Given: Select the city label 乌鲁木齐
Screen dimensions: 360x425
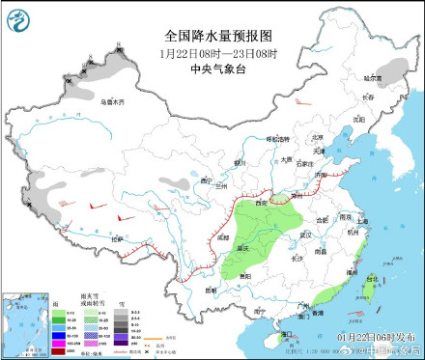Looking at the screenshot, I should tap(114, 100).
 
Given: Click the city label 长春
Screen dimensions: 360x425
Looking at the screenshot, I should tap(366, 97).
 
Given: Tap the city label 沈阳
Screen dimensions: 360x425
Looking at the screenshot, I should tap(359, 119).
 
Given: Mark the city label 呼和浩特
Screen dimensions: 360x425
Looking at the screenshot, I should tap(279, 140).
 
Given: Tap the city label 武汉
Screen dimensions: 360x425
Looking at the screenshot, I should tap(306, 234).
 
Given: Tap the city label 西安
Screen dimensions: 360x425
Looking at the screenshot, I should tap(260, 204).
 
